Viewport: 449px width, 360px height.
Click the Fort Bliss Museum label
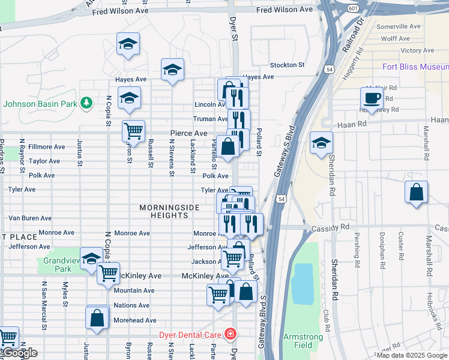(x=415, y=67)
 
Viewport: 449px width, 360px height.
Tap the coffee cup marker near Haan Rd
(x=372, y=98)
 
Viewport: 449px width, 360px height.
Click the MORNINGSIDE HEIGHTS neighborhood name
(x=169, y=211)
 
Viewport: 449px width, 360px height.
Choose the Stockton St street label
(x=287, y=65)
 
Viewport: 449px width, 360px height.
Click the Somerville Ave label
(x=398, y=26)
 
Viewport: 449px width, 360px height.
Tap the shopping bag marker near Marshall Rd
(x=416, y=193)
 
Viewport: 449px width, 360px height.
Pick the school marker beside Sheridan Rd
(x=321, y=143)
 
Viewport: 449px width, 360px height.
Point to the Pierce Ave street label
(x=188, y=133)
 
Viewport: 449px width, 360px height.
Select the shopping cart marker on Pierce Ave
(x=133, y=130)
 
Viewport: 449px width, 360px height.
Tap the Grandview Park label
(x=57, y=265)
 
